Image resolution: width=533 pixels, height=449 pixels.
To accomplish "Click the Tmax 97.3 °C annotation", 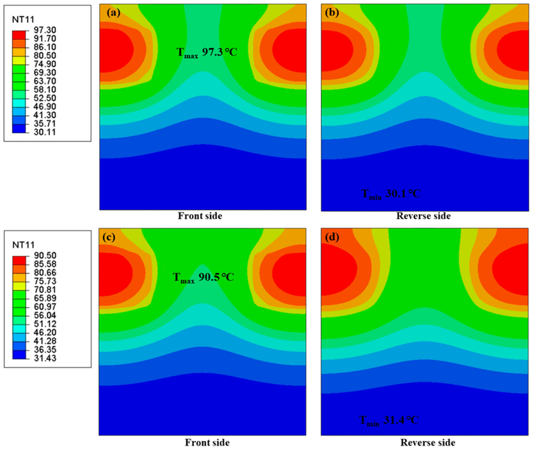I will tap(207, 52).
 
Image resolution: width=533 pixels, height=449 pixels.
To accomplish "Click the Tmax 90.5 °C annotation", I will tap(203, 277).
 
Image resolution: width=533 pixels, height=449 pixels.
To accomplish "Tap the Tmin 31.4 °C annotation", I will tap(389, 420).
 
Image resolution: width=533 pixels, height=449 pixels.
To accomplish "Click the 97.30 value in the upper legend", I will tap(45, 30).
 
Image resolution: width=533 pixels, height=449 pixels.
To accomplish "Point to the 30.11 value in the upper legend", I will tap(45, 132).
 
